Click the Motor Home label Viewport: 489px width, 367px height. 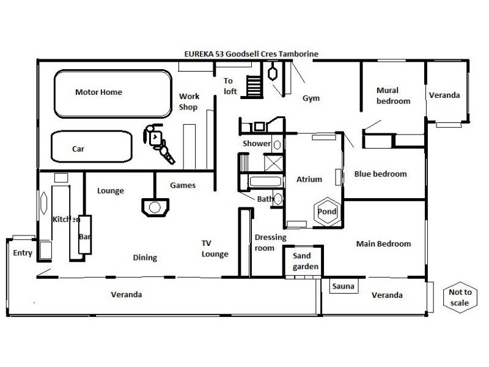point(98,92)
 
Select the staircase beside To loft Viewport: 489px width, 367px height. point(254,86)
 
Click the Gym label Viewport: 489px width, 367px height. point(311,98)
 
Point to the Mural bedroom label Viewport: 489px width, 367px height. point(393,95)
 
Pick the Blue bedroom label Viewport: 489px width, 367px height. point(380,174)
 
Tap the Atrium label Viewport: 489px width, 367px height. point(309,179)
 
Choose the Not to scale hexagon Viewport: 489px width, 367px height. point(444,297)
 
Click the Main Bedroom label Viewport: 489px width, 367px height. point(384,243)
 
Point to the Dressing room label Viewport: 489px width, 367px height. point(270,242)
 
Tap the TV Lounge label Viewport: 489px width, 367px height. point(215,249)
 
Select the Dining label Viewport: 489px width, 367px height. point(145,258)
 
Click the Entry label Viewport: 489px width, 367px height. point(23,253)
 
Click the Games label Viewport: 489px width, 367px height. point(183,185)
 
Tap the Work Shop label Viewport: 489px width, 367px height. point(189,102)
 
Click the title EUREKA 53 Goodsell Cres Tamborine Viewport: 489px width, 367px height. point(251,54)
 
